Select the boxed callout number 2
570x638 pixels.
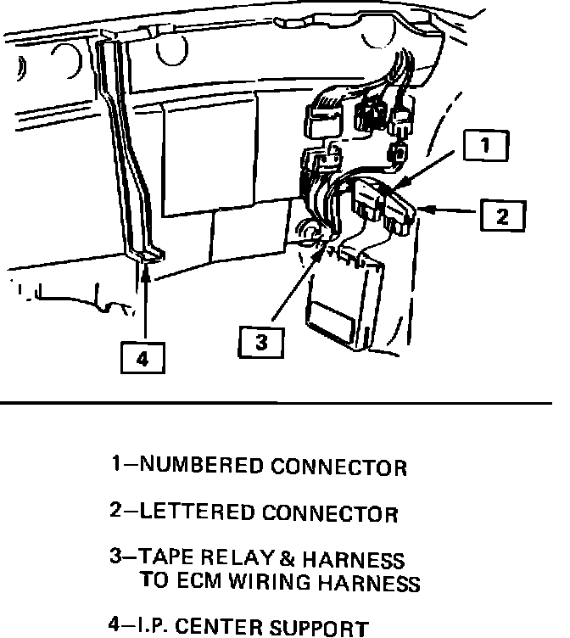point(503,216)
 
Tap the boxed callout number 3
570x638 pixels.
point(260,342)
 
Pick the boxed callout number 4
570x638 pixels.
point(142,359)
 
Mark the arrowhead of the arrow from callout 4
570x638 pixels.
point(146,270)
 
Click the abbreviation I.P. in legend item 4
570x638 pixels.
point(153,629)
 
